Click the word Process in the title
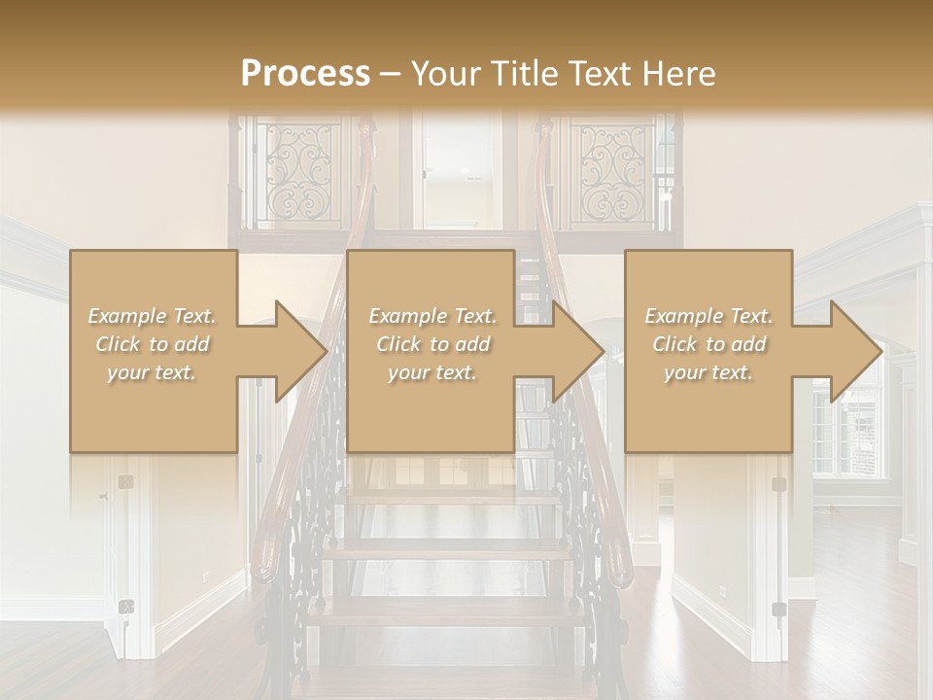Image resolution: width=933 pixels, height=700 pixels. tap(305, 73)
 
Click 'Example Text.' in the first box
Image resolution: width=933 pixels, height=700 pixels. tap(153, 316)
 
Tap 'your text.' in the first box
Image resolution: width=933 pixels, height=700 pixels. tap(153, 372)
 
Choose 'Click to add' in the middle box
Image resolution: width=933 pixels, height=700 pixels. tap(432, 344)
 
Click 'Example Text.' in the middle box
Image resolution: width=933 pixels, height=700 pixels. tap(432, 316)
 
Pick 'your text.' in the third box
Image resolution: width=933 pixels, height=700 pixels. tap(708, 372)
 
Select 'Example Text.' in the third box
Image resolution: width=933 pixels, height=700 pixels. tap(708, 316)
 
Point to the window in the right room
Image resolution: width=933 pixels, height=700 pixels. tap(850, 428)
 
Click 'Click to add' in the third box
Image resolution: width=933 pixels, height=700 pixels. tap(708, 344)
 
